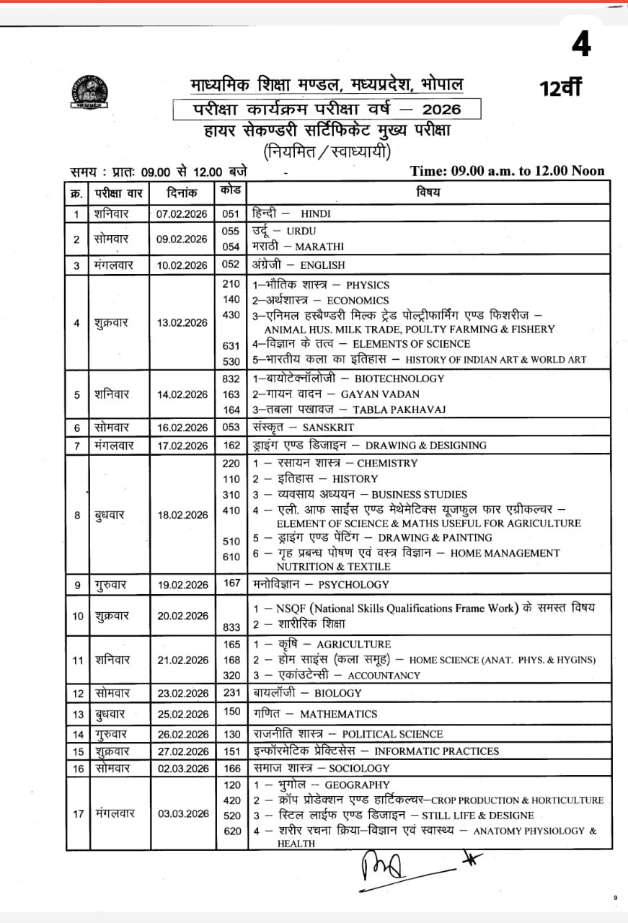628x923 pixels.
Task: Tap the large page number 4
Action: tap(581, 44)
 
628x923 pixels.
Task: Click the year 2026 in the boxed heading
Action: tap(441, 110)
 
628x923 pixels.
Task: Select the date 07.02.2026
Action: tap(182, 214)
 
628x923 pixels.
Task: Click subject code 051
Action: tap(231, 213)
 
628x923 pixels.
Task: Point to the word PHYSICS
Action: tap(367, 286)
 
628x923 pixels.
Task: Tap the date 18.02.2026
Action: tap(182, 515)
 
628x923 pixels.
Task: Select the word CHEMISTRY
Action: tap(387, 464)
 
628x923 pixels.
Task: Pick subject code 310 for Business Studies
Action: tap(231, 495)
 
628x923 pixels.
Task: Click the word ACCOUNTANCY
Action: tap(384, 676)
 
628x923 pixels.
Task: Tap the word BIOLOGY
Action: tap(338, 694)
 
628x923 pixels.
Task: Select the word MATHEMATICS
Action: tap(338, 715)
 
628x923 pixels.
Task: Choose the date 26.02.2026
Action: tap(182, 734)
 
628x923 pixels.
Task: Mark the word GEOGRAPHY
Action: tap(357, 785)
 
